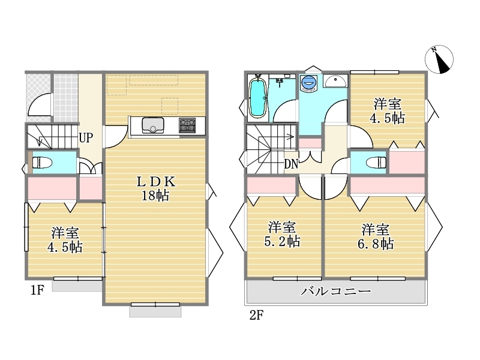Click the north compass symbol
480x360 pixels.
tap(439, 59)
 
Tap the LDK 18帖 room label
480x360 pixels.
tap(155, 188)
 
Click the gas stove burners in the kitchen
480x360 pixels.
tap(187, 125)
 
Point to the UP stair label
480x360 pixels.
tap(86, 138)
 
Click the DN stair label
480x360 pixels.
tap(291, 164)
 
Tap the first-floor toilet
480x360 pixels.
tap(42, 163)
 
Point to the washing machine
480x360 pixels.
tap(308, 83)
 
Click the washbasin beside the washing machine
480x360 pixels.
tap(335, 82)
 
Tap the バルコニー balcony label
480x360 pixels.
tap(336, 291)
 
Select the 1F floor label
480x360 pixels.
tap(38, 290)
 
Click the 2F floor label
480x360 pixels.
tap(257, 315)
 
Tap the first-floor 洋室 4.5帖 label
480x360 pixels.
tap(65, 239)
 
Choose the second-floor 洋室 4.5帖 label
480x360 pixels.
tap(387, 111)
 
